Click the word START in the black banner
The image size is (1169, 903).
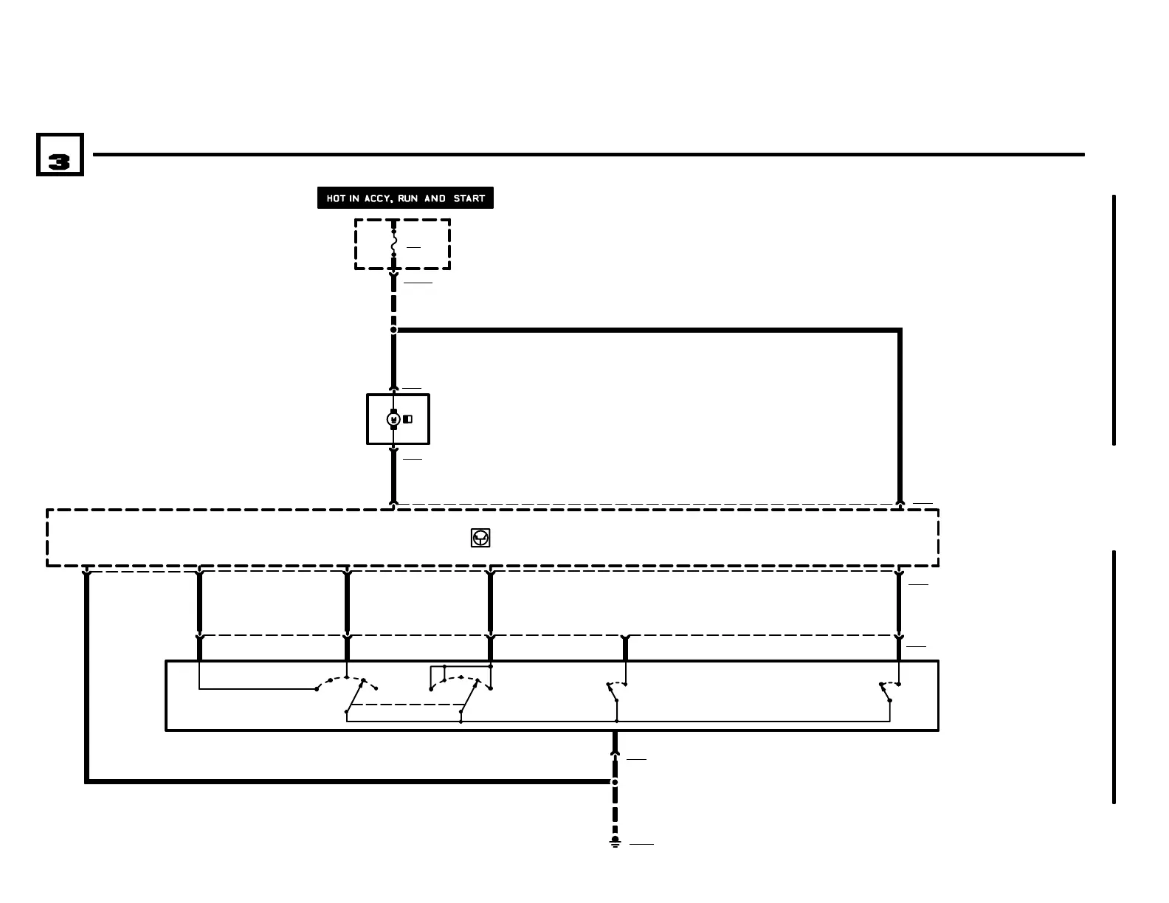click(x=469, y=198)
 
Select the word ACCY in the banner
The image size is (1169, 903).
click(x=378, y=198)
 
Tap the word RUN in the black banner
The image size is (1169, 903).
click(x=408, y=198)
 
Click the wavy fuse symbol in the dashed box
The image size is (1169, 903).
click(x=393, y=243)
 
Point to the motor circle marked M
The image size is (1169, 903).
click(x=393, y=419)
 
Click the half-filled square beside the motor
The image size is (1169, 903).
click(x=407, y=419)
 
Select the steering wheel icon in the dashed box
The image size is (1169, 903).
click(x=480, y=538)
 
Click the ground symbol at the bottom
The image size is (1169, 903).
click(x=615, y=842)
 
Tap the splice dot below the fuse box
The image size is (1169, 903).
click(x=393, y=330)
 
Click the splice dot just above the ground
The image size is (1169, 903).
click(x=615, y=781)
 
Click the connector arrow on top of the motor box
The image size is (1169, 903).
click(x=393, y=389)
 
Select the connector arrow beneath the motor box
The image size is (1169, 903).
click(x=393, y=450)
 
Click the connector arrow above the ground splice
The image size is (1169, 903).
click(x=615, y=752)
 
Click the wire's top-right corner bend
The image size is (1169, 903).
click(x=899, y=331)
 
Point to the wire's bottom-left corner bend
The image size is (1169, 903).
click(x=87, y=781)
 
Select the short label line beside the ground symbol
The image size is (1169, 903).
click(x=641, y=843)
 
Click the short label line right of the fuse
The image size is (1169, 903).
click(x=413, y=247)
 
